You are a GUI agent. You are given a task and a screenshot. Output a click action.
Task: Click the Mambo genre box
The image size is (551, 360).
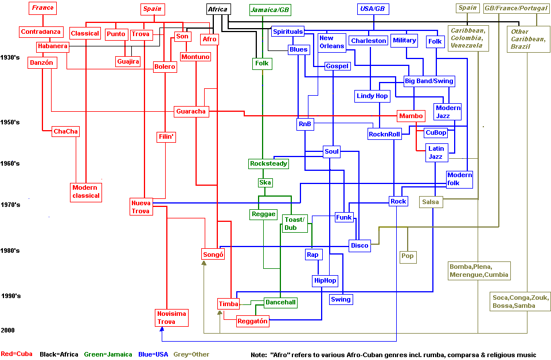coord(411,116)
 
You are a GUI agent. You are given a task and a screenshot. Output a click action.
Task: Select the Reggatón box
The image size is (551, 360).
coord(253,322)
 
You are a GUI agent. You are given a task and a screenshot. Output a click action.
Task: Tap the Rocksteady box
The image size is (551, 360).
coord(268,164)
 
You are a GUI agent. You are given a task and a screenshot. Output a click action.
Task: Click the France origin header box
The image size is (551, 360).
coord(43,8)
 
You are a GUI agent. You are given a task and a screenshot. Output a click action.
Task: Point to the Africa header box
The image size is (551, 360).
coord(218,9)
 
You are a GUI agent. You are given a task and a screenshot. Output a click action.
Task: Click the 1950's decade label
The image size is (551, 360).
coord(10,122)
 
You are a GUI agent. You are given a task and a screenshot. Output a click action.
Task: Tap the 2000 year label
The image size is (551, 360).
coord(7,330)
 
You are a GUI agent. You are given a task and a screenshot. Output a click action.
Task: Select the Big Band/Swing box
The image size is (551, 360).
coord(429,81)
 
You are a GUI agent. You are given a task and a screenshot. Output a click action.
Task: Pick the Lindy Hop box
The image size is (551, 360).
coord(372,96)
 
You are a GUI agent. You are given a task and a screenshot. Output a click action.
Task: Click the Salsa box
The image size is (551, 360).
coord(430,202)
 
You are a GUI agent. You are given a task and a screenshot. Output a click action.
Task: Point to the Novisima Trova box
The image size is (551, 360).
coord(171,318)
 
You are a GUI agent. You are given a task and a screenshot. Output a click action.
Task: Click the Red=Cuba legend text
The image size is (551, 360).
coord(17,354)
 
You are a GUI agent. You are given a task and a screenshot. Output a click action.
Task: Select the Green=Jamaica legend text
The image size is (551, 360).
coord(108,354)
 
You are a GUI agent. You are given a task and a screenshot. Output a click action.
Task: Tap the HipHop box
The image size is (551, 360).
coord(325,280)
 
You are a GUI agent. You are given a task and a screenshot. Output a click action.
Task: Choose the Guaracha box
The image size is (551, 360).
coord(191,111)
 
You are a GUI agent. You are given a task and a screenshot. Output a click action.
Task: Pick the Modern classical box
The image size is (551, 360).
coord(85,191)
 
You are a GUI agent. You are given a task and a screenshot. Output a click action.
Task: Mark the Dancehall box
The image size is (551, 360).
coord(280,302)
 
